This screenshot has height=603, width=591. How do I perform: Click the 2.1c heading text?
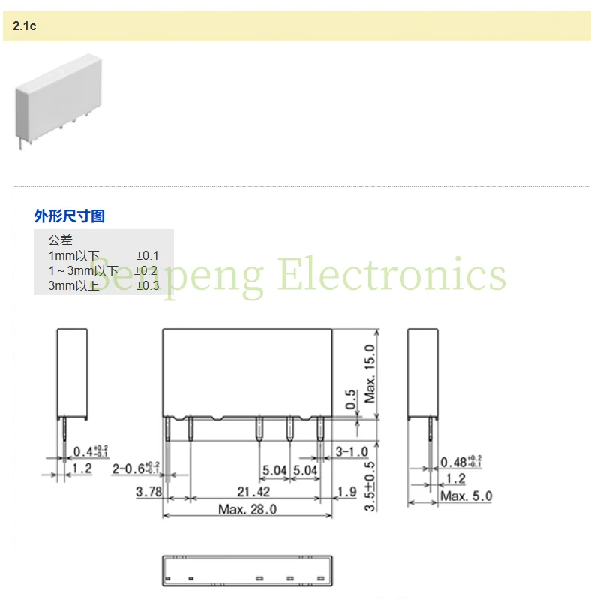(x=25, y=26)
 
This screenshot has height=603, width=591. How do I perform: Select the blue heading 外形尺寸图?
(x=70, y=216)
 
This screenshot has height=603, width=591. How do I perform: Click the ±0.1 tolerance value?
(x=147, y=256)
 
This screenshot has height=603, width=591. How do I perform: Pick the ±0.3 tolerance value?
(x=147, y=285)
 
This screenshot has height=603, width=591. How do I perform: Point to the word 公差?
(x=60, y=241)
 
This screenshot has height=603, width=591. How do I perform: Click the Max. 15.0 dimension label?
(x=370, y=374)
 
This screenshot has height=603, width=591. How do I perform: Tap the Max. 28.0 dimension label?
(x=247, y=509)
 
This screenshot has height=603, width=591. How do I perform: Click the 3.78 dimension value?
(x=148, y=491)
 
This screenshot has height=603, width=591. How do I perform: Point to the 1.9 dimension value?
(x=347, y=491)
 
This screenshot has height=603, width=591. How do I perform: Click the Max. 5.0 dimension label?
(x=466, y=496)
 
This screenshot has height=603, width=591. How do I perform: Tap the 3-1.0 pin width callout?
(x=352, y=451)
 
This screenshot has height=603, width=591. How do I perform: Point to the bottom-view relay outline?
(x=247, y=571)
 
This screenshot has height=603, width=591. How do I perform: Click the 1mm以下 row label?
(x=73, y=256)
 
